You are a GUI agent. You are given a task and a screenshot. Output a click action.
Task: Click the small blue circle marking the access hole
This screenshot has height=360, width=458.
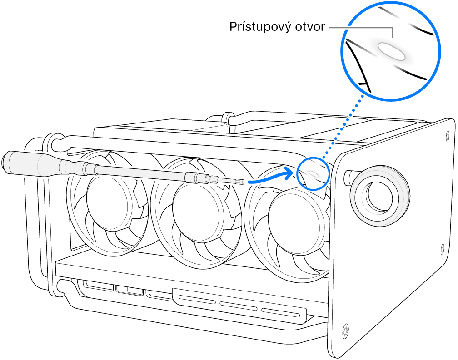pyautogui.click(x=313, y=173)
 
